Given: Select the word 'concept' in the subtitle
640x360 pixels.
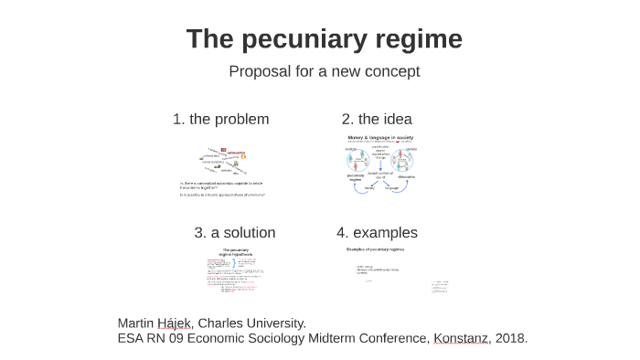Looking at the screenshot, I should click(x=390, y=71).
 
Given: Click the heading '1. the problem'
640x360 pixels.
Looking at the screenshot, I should click(x=220, y=119).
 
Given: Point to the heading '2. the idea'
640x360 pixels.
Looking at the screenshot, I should click(x=377, y=119).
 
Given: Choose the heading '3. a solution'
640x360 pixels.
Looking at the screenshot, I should click(x=235, y=232).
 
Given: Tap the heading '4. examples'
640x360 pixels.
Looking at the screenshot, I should click(x=377, y=232).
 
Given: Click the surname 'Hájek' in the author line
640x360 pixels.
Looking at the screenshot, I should click(x=175, y=323).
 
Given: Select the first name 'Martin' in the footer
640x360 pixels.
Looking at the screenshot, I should click(x=136, y=323).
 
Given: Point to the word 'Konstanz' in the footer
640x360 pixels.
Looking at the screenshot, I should click(x=461, y=338).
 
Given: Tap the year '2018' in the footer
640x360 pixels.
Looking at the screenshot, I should click(x=511, y=338).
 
